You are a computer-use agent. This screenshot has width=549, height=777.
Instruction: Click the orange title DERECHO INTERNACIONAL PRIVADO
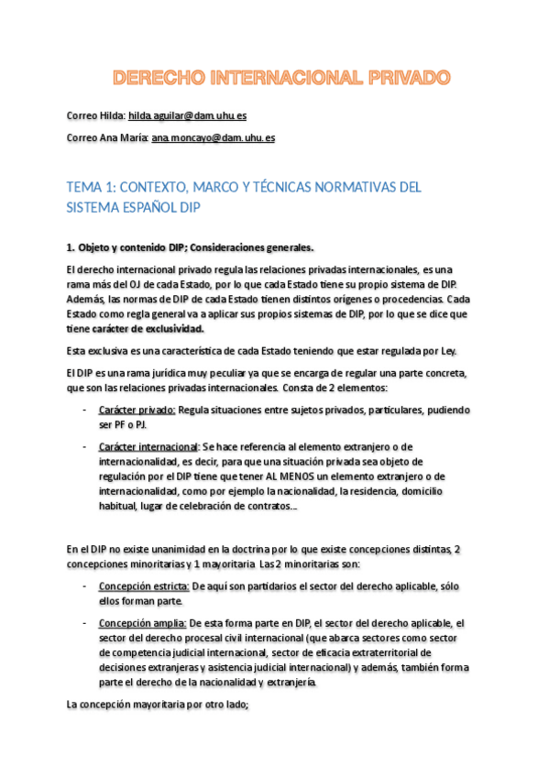point(274,77)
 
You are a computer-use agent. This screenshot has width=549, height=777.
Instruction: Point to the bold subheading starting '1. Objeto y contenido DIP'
point(190,247)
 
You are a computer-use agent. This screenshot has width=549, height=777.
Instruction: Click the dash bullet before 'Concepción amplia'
point(84,623)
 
